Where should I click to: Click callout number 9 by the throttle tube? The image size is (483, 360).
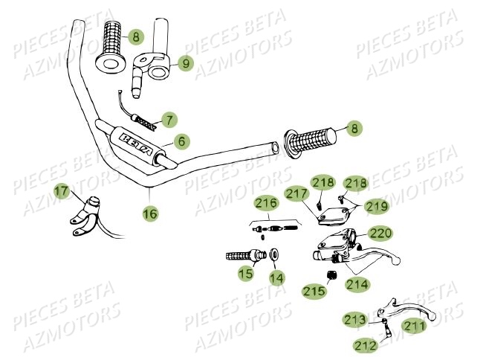click(185, 64)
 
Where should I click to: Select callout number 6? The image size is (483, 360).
click(180, 140)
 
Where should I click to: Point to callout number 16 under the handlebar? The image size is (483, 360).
click(150, 213)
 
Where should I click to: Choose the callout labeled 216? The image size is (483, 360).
click(266, 202)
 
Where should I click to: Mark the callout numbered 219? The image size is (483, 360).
click(375, 205)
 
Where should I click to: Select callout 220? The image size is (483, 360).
click(380, 232)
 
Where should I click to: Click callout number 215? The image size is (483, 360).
click(314, 292)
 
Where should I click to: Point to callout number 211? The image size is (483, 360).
click(415, 325)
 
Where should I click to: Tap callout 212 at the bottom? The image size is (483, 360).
click(364, 344)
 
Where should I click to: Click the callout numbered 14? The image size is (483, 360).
click(276, 278)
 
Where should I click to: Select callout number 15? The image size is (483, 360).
click(246, 274)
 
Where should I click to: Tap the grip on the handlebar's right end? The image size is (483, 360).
click(308, 141)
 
